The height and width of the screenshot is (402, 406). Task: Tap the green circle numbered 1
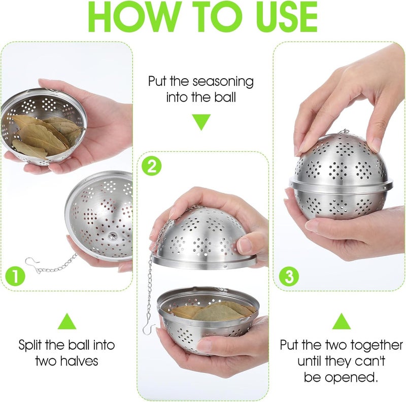tap(16, 277)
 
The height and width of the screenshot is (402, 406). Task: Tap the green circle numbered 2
tap(151, 166)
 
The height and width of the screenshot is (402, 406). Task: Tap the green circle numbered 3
tap(289, 277)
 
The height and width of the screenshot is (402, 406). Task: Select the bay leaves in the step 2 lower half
tap(213, 311)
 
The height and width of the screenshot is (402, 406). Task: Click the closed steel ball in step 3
tap(341, 178)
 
